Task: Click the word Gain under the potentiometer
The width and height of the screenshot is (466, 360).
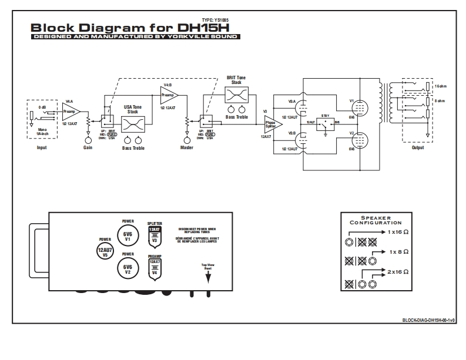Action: [x=88, y=148]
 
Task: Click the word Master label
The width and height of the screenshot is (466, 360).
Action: [x=186, y=148]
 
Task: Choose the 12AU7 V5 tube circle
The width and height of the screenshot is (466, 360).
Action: [x=105, y=251]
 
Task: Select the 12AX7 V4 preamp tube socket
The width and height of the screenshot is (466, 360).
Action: [x=154, y=268]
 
